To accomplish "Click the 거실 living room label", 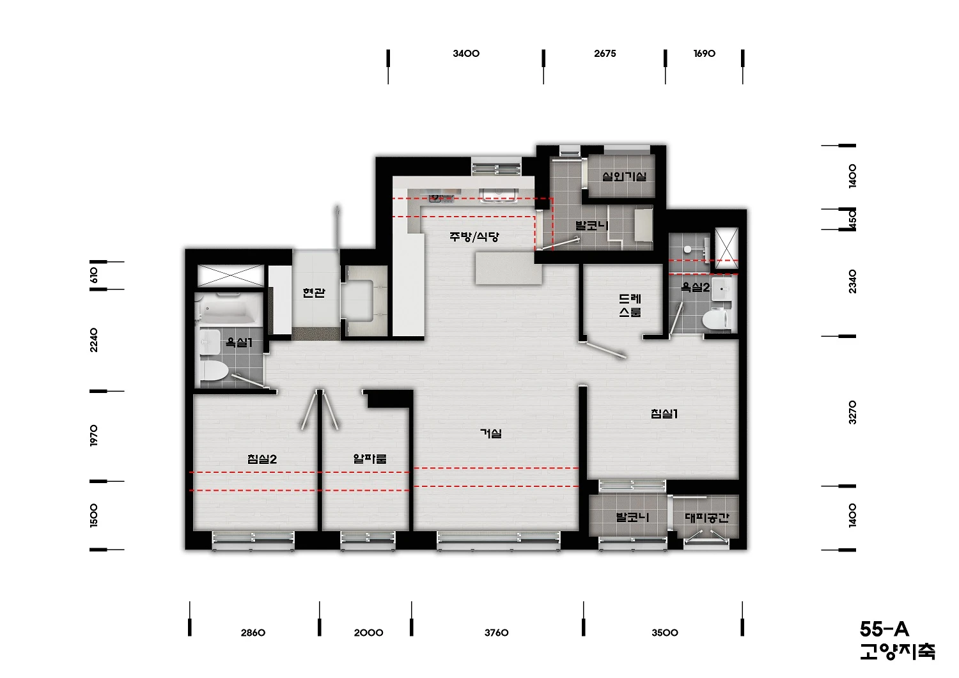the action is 490,434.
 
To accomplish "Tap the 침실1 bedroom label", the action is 664,414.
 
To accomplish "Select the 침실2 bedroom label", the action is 262,459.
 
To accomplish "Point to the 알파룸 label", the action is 370,459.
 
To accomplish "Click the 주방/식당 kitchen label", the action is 474,236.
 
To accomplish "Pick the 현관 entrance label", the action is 314,293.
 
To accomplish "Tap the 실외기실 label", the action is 624,176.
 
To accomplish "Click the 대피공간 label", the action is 707,518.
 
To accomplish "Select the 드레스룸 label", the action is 630,305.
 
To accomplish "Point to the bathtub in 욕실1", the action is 229,308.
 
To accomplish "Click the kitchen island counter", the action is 509,268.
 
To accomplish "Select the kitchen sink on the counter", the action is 498,195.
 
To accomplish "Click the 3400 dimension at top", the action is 466,54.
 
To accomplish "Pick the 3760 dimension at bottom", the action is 497,633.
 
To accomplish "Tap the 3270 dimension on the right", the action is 852,412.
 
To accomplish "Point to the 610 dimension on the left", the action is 94,275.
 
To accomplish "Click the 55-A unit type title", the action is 884,629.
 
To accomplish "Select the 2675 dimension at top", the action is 605,54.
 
